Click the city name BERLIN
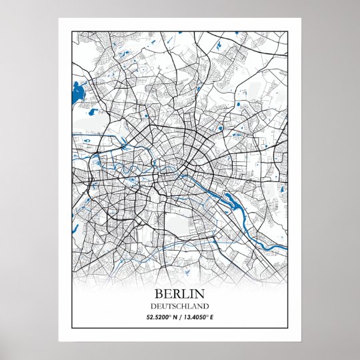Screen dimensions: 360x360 [x=180, y=294]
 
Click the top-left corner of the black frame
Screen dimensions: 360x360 [x=71, y=31]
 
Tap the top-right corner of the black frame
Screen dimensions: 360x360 [x=288, y=31]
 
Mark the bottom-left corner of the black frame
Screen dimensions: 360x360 [x=71, y=329]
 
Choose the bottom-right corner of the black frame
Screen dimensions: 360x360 [x=288, y=329]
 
